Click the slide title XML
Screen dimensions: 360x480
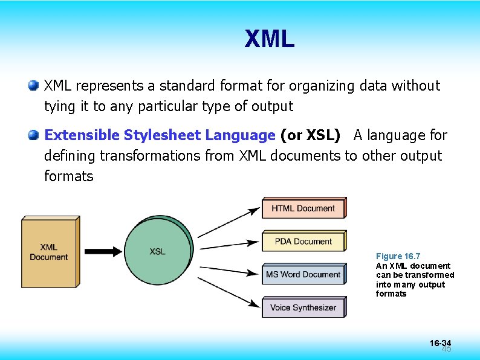click(269, 39)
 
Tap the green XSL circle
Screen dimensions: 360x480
click(158, 251)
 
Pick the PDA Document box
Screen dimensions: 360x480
click(303, 242)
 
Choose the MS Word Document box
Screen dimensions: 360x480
click(303, 275)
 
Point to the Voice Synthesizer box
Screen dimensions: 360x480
click(303, 307)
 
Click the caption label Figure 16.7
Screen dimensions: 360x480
click(398, 256)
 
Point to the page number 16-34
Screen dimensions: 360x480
click(440, 343)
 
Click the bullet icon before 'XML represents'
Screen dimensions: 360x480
click(34, 85)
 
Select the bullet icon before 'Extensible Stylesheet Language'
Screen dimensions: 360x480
click(34, 135)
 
